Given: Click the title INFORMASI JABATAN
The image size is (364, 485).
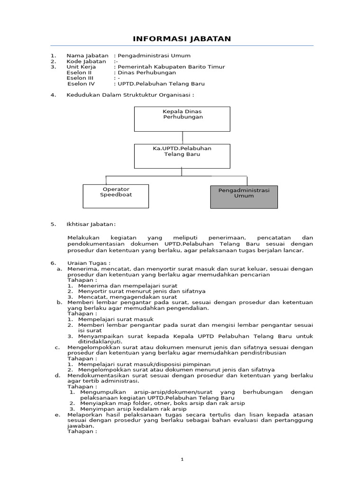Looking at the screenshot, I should coord(182,39).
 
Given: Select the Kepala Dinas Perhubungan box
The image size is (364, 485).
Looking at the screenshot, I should coord(182,118).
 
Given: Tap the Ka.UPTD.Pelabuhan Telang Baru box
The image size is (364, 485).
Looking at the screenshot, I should coord(182,156).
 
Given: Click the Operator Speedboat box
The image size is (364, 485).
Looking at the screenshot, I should coord(116,196).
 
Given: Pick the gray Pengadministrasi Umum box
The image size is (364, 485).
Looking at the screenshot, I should coord(244,197).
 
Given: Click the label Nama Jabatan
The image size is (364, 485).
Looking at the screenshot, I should coord(87,55).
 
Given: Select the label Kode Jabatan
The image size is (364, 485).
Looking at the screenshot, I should coord(86,61).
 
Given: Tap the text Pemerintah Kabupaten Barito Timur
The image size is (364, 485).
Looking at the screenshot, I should coord(171,67).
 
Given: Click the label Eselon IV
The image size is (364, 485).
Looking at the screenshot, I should coord(81,84).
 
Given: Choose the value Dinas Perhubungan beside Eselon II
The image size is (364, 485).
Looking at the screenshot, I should coord(147,72).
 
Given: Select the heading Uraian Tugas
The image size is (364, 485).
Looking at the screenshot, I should coord(89,263).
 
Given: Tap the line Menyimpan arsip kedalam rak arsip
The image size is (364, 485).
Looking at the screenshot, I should coord(133,409).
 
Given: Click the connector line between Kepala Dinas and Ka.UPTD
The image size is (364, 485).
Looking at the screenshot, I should coord(182,138).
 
